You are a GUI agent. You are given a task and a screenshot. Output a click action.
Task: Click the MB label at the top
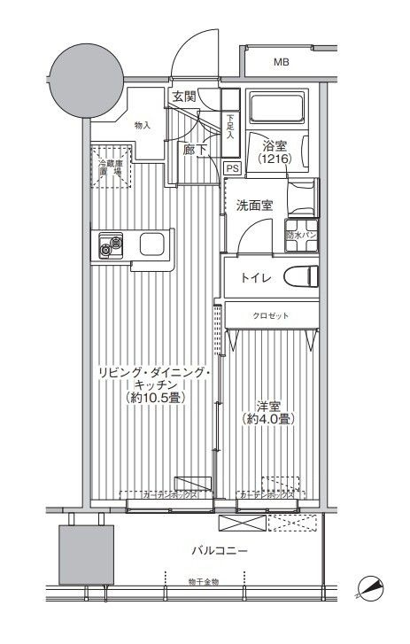coord(281,62)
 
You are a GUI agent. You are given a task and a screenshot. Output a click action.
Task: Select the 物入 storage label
coord(143,126)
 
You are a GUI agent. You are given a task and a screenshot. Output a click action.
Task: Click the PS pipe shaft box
coord(232,167)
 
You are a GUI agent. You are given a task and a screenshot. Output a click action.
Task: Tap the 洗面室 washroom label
coord(253,206)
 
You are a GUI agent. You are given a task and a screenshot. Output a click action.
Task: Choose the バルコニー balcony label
coord(219,552)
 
